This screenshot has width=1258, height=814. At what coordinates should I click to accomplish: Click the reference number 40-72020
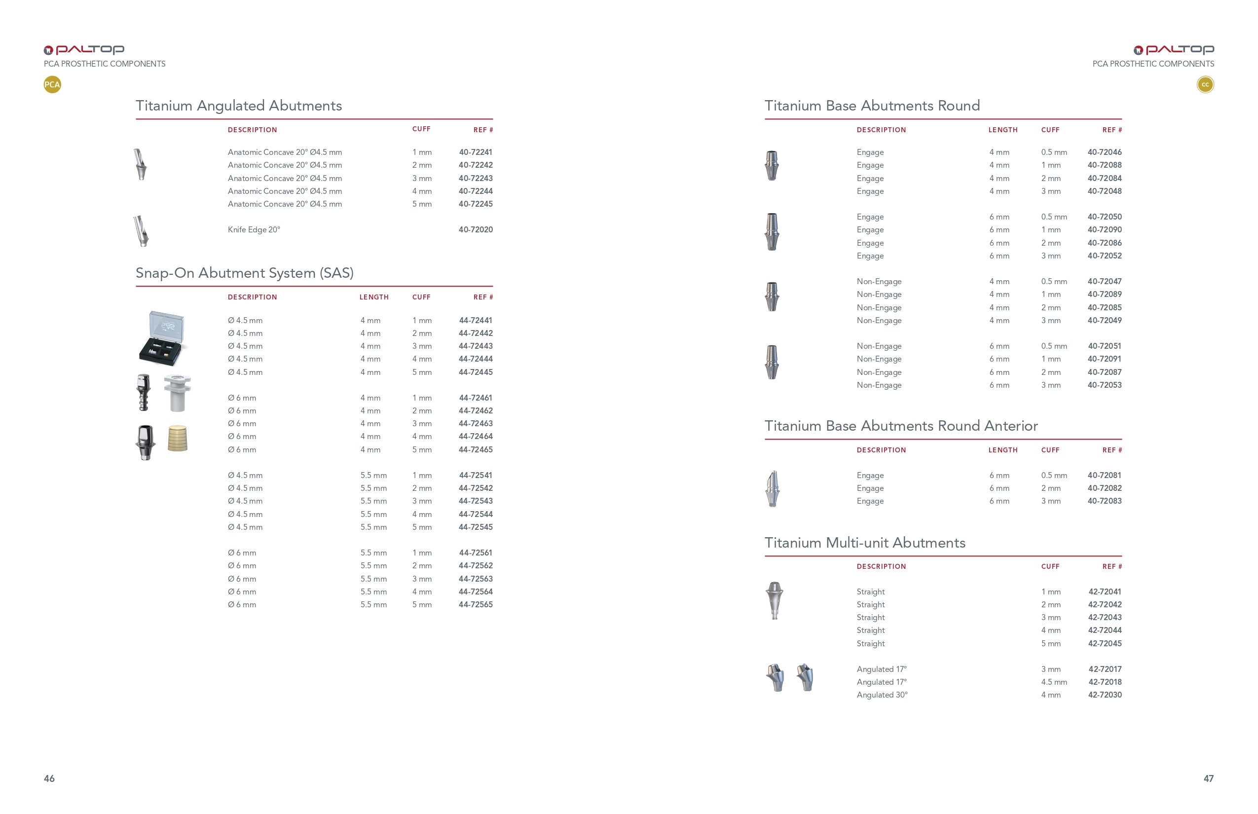click(x=475, y=229)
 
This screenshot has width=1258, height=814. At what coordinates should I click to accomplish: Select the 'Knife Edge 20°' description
click(x=254, y=229)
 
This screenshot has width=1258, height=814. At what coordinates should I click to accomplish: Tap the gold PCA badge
click(x=52, y=84)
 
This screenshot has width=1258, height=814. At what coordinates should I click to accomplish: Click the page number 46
click(x=49, y=778)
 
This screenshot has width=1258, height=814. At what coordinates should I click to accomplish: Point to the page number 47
click(x=1208, y=778)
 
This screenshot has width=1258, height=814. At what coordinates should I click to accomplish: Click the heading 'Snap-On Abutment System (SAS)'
click(x=244, y=273)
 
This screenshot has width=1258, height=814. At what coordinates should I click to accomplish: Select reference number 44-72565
click(x=475, y=604)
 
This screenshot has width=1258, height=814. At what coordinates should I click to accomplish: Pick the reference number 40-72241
click(x=475, y=152)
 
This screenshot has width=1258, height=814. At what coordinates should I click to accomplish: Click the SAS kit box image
click(x=163, y=338)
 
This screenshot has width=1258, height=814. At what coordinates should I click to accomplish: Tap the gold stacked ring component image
click(x=178, y=438)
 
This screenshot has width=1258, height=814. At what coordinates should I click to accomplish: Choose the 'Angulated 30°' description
click(x=882, y=695)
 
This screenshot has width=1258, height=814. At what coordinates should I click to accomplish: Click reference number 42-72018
click(x=1104, y=682)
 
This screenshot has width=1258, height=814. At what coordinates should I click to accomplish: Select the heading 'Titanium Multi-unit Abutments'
click(x=865, y=542)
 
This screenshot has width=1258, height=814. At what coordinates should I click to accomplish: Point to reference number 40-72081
click(x=1104, y=475)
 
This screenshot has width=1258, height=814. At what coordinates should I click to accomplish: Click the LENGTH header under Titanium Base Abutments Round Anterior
click(x=1002, y=450)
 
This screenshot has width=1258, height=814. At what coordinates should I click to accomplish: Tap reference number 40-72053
click(x=1104, y=385)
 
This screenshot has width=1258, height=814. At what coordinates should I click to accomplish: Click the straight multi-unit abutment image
click(x=775, y=600)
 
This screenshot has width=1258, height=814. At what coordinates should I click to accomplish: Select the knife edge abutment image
click(x=141, y=231)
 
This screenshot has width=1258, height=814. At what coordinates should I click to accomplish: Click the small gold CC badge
click(x=1205, y=84)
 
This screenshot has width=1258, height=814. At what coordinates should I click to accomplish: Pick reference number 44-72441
click(x=475, y=320)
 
